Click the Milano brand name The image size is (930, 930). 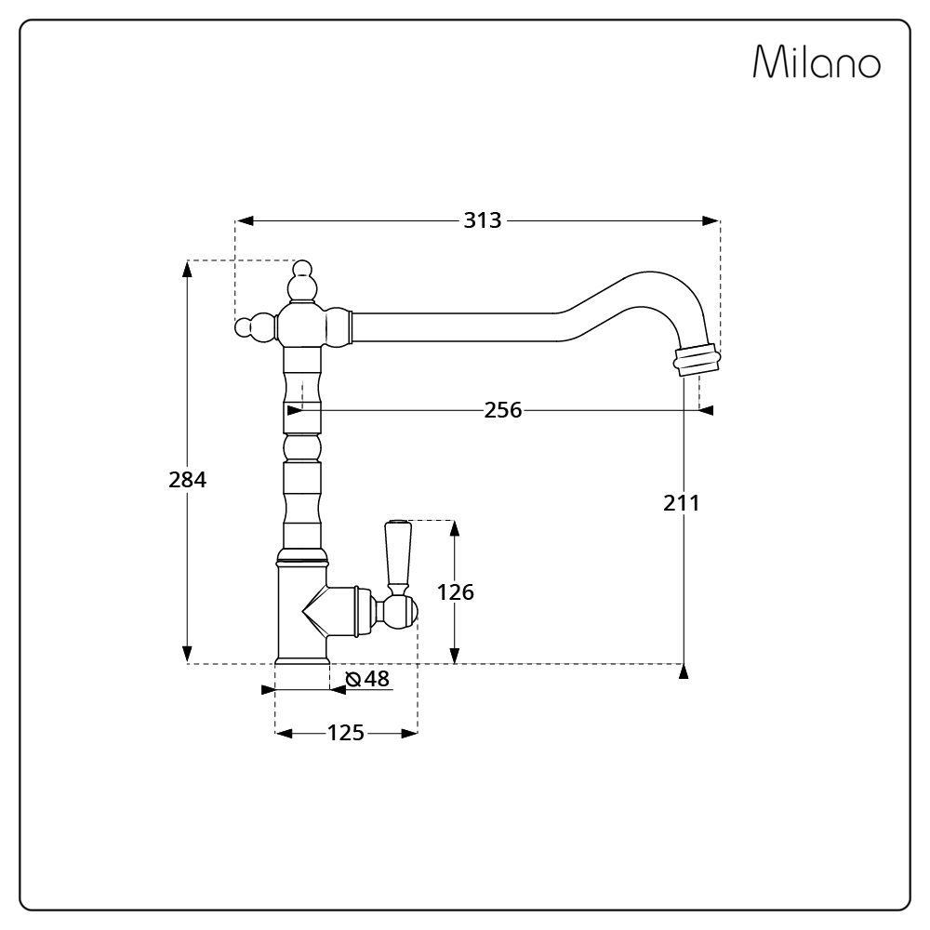817,61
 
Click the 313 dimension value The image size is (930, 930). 482,220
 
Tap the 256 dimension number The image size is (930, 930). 503,410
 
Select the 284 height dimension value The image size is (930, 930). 188,479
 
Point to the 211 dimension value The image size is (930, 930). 682,503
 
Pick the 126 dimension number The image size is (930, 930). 456,591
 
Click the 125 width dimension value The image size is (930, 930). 346,733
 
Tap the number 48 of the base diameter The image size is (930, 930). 377,678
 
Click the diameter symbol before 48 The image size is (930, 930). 353,679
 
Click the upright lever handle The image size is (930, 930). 397,557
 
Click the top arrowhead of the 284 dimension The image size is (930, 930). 188,269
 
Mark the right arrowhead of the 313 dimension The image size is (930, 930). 711,220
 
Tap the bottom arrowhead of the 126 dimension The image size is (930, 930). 455,656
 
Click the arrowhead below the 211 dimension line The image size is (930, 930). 684,671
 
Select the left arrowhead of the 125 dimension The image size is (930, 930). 284,734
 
